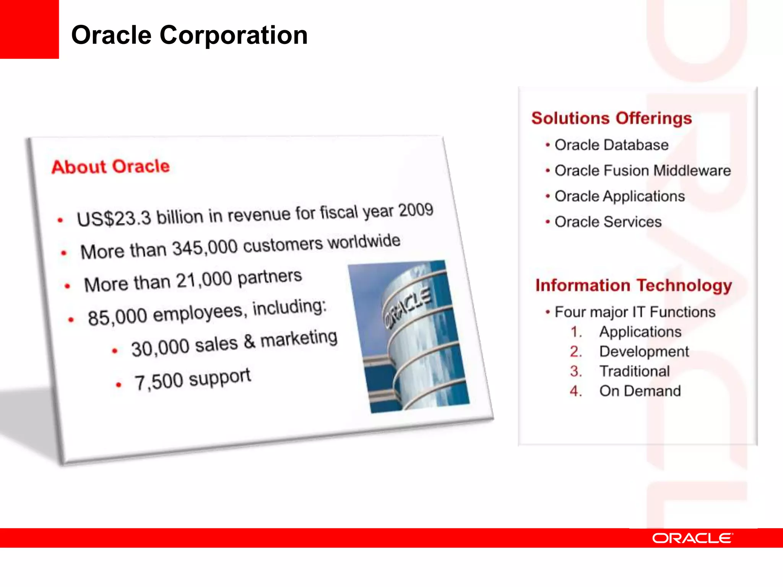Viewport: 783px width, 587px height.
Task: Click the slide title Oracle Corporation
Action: (x=189, y=35)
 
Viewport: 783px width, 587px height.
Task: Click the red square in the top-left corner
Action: (x=29, y=29)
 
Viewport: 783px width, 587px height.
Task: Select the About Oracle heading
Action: (x=110, y=167)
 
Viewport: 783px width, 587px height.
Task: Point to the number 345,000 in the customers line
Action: (x=205, y=248)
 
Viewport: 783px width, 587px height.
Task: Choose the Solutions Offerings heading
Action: (x=612, y=118)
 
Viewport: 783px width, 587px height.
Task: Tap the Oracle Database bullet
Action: (x=611, y=145)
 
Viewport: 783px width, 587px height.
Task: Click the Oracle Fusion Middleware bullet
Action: (x=642, y=170)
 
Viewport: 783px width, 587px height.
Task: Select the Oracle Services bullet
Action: (x=608, y=222)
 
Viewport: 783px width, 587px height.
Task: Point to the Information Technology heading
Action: (x=634, y=285)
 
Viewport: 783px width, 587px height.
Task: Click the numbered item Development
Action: (x=644, y=352)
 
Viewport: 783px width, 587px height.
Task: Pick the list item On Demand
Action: (x=640, y=391)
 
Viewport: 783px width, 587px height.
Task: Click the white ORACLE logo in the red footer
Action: (x=692, y=538)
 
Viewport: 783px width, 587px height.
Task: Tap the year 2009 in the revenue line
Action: (x=416, y=210)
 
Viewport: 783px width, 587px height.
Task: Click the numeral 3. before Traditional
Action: (x=575, y=371)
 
